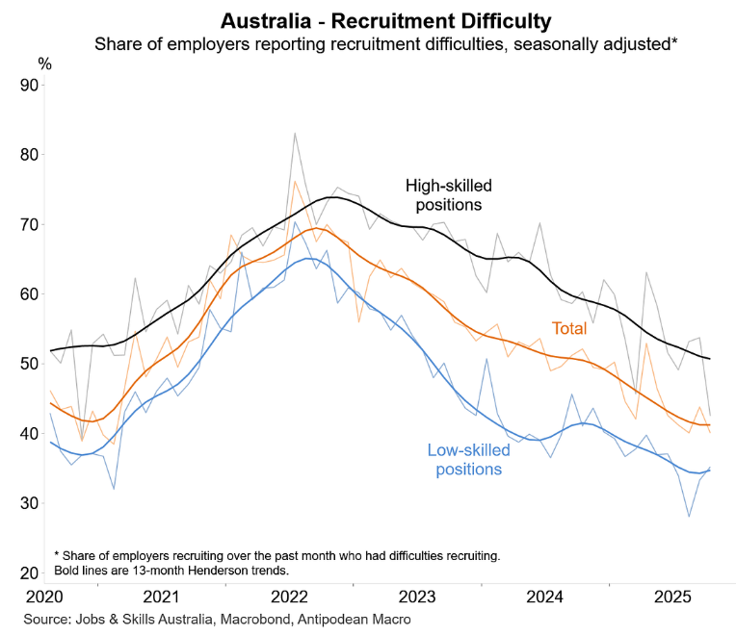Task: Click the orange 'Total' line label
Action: pyautogui.click(x=568, y=329)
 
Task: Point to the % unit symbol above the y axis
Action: pyautogui.click(x=45, y=63)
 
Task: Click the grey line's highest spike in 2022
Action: pyautogui.click(x=294, y=134)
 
